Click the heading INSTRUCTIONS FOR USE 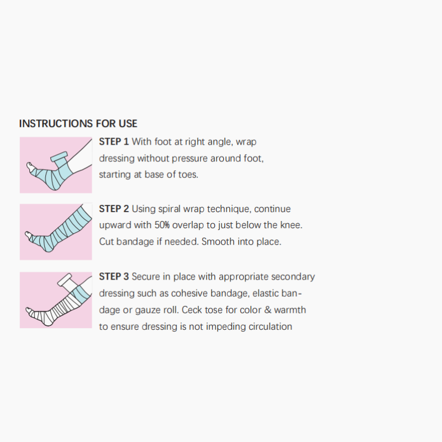pyautogui.click(x=78, y=123)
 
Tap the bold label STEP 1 pyautogui.click(x=114, y=141)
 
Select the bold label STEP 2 pyautogui.click(x=114, y=209)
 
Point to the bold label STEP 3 pyautogui.click(x=114, y=277)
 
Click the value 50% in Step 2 pyautogui.click(x=162, y=225)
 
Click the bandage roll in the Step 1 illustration pyautogui.click(x=59, y=156)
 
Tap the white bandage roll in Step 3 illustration pyautogui.click(x=65, y=280)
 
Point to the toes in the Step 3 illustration pyautogui.click(x=29, y=311)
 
